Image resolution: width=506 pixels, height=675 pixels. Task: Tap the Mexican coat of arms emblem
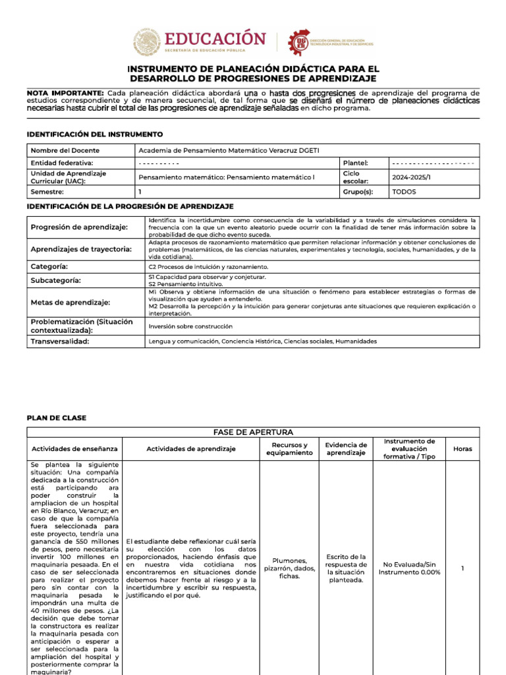[146, 42]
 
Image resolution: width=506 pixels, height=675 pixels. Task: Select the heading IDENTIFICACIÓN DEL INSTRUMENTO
[94, 134]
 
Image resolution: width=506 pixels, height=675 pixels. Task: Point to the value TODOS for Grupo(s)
[405, 192]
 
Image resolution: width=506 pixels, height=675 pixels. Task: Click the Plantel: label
[356, 163]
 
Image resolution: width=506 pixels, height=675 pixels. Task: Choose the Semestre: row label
[47, 192]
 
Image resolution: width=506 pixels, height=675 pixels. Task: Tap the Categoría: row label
[49, 266]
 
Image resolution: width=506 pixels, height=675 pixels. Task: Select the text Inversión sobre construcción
[190, 326]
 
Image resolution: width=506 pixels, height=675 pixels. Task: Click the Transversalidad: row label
[60, 341]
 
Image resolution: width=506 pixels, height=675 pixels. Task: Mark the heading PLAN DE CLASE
[56, 418]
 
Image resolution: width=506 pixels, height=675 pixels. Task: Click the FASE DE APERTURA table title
[253, 432]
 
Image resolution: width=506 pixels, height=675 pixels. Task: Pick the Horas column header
[463, 449]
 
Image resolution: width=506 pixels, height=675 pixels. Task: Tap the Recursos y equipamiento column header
[289, 449]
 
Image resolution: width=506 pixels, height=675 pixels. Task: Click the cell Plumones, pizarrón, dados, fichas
[289, 568]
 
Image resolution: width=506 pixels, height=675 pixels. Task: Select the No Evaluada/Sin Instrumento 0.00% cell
[409, 568]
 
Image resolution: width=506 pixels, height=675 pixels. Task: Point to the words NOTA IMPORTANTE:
[65, 93]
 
